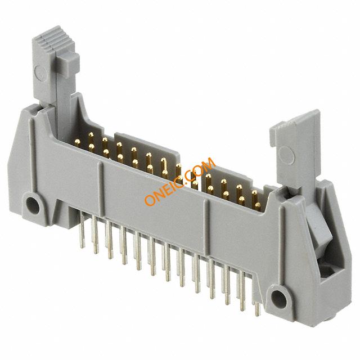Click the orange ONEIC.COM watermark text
click(x=180, y=181)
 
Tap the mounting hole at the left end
click(x=32, y=205)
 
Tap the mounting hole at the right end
click(x=279, y=298)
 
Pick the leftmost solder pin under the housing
click(x=82, y=229)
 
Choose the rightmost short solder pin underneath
click(x=258, y=309)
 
